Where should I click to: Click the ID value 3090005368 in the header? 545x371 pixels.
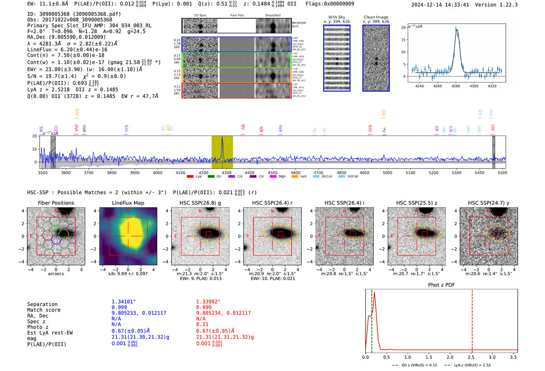click(54, 14)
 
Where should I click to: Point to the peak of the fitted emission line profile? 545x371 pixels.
click(456, 30)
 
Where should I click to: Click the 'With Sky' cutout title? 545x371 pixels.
click(336, 17)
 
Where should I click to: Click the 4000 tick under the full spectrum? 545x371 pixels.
click(158, 172)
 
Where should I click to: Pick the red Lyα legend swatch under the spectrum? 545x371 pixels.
click(190, 177)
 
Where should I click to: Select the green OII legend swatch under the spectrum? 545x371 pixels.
click(211, 177)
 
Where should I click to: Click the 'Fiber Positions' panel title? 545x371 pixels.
click(56, 203)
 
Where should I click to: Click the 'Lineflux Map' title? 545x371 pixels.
click(128, 203)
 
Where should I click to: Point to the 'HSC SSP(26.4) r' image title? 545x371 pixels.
click(272, 203)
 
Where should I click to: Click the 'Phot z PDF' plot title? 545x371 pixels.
click(441, 285)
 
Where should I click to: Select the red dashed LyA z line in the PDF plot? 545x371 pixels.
click(472, 319)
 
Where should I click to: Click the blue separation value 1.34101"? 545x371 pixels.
click(123, 302)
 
